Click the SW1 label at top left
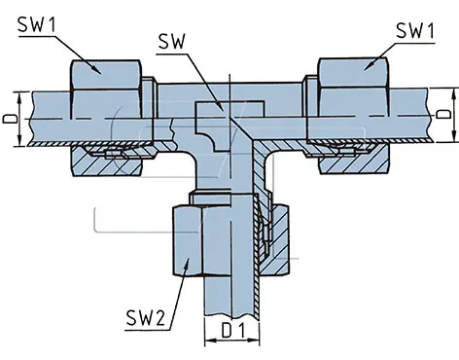click(x=37, y=24)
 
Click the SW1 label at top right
click(x=415, y=30)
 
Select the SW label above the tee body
click(x=171, y=42)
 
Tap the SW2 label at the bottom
click(x=146, y=318)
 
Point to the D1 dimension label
click(x=233, y=331)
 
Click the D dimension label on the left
click(x=11, y=119)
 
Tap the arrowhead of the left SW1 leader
click(x=96, y=69)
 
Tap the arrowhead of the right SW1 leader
click(x=369, y=66)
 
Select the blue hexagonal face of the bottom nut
click(x=188, y=240)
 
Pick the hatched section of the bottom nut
click(x=275, y=239)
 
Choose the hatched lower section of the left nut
click(x=106, y=162)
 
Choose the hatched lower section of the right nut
click(x=353, y=160)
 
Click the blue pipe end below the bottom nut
click(x=230, y=295)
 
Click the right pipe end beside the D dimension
click(x=410, y=115)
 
